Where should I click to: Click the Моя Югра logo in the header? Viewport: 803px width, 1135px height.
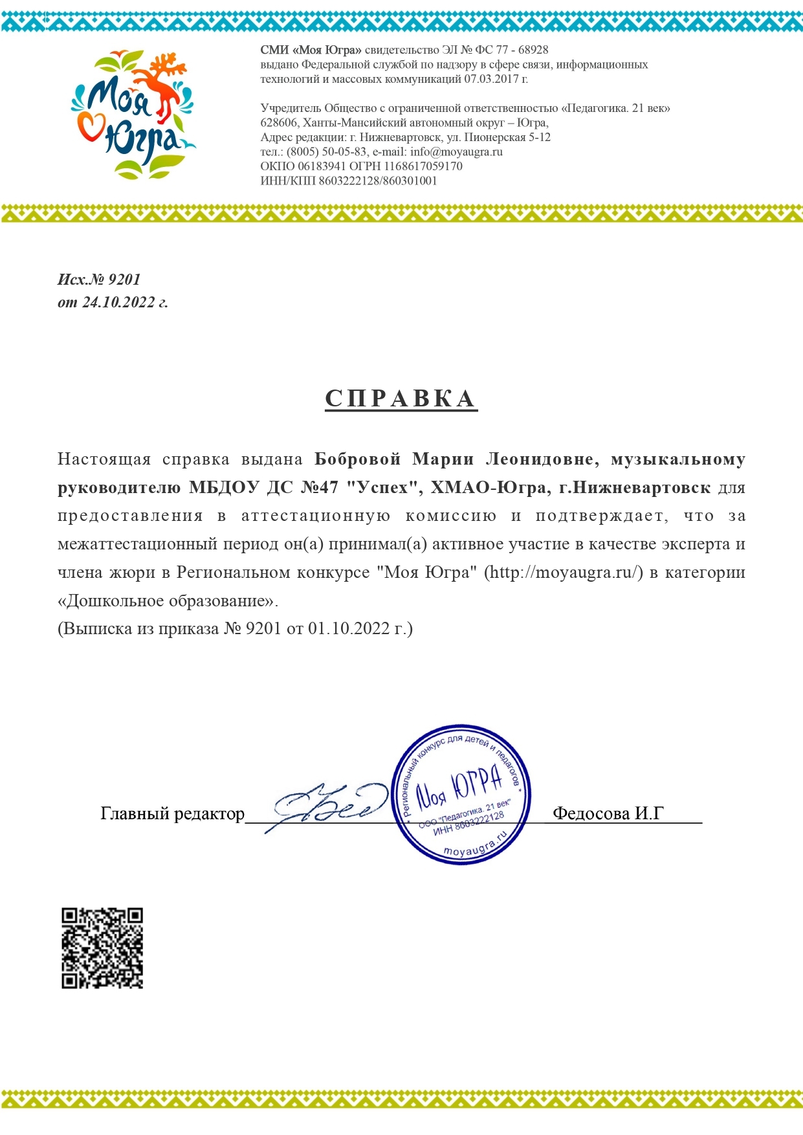click(133, 115)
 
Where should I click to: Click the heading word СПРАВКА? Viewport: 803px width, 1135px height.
click(401, 399)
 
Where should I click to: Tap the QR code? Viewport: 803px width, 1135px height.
click(102, 948)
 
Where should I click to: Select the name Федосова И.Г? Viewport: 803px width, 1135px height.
click(608, 813)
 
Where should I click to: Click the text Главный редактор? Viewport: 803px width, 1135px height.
click(172, 813)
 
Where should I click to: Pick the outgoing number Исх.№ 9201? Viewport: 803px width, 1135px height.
click(99, 280)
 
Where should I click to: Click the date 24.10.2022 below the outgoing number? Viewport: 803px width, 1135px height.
click(118, 302)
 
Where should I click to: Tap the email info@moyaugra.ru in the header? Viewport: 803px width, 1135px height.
click(456, 152)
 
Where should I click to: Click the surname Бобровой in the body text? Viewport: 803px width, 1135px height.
click(358, 459)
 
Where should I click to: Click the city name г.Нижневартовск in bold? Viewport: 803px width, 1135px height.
click(634, 488)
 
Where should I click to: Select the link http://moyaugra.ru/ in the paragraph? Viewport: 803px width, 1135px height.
click(563, 573)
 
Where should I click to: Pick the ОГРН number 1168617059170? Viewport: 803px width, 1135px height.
click(423, 166)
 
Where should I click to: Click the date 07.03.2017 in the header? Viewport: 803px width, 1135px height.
click(490, 80)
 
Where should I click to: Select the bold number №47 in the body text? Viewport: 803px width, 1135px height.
click(320, 488)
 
